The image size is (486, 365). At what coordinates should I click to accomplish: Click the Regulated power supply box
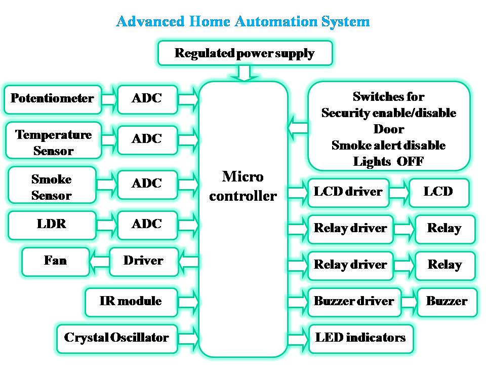coord(245,53)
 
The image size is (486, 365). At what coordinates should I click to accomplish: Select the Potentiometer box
coord(52,98)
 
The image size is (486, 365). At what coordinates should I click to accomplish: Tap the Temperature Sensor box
coord(53,142)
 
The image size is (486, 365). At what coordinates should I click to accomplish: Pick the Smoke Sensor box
coord(52,187)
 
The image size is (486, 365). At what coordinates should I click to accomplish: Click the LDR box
coord(52,224)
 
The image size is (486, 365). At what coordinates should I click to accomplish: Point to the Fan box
coord(55,261)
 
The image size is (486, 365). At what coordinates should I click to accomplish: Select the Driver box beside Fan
coord(143,261)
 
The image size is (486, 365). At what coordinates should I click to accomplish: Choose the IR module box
coord(131,301)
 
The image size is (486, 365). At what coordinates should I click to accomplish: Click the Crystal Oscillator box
coord(116,338)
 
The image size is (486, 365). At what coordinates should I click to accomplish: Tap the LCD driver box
coord(348,192)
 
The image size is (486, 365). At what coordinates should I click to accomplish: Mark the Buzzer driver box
coord(354,302)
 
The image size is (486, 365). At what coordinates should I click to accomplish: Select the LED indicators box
coord(360,338)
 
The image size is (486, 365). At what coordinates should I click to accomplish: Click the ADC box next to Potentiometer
coord(147,98)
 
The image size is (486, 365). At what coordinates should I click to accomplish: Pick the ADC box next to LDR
coord(147,224)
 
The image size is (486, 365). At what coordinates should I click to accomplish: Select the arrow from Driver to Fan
coord(99,262)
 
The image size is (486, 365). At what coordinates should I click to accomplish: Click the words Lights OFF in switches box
coord(388,162)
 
